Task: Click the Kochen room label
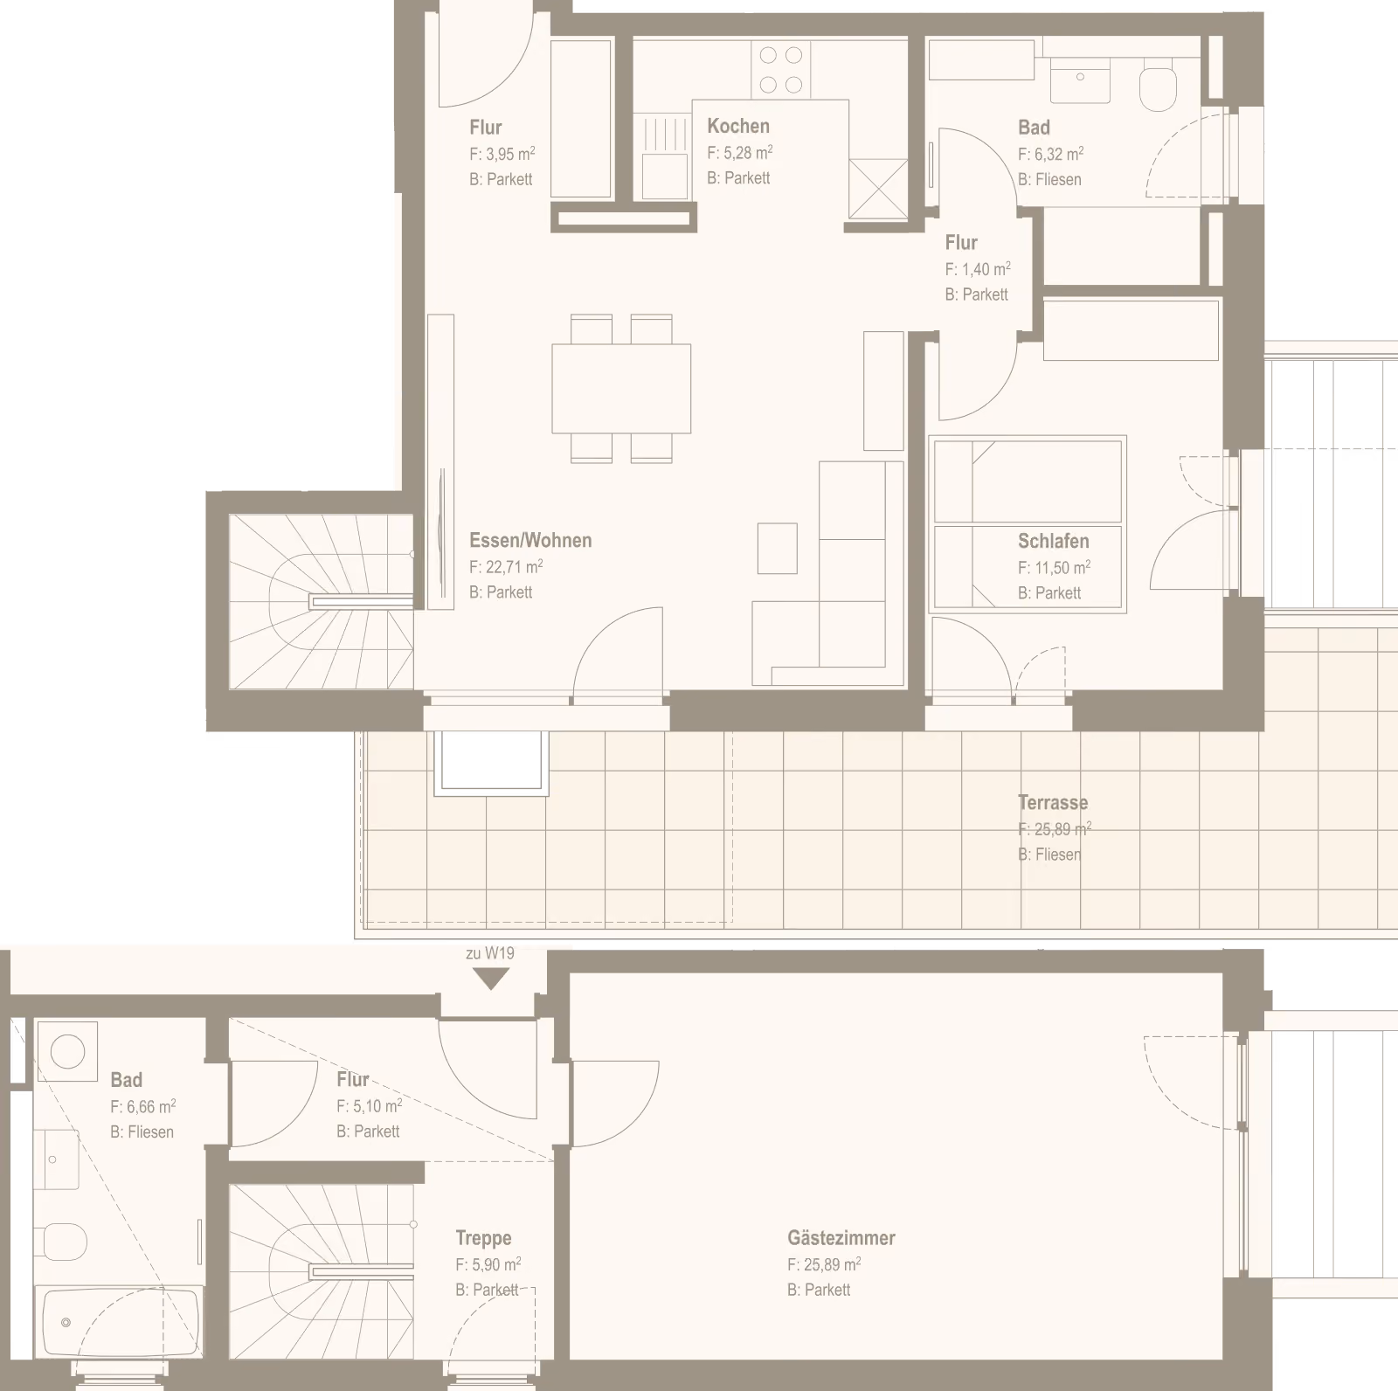738,126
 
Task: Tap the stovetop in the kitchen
780,70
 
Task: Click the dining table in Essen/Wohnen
621,389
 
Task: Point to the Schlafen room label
1053,541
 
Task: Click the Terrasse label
1053,802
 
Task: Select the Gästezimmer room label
841,1238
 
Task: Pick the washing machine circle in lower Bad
67,1051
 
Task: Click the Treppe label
483,1238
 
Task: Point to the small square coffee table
777,548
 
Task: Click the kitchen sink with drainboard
665,157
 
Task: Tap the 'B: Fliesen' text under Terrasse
1049,855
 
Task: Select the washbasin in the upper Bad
1080,80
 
